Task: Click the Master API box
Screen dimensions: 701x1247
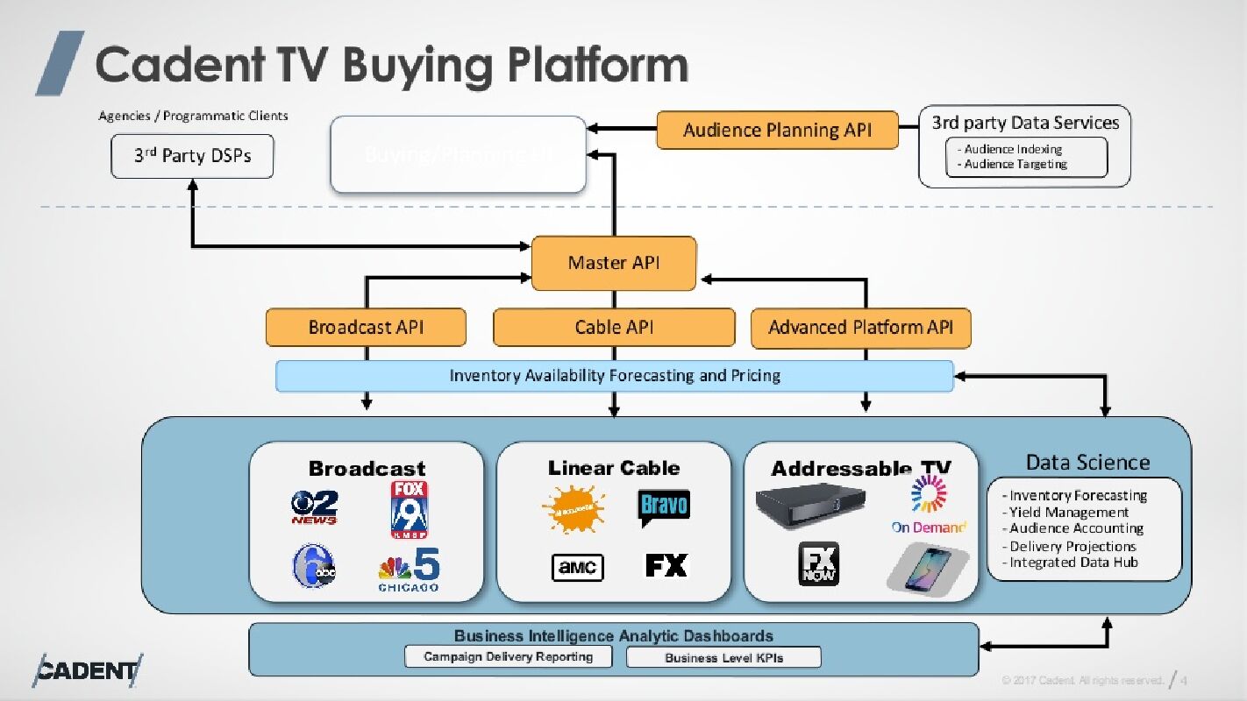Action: (614, 263)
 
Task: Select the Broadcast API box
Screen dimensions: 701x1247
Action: (366, 328)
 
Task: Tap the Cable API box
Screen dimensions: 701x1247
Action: (614, 328)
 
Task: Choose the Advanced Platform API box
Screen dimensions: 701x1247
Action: (860, 328)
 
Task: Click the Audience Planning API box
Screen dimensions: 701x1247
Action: (777, 131)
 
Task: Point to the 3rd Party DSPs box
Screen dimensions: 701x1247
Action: (192, 156)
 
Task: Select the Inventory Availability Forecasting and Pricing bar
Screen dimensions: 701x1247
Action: (614, 376)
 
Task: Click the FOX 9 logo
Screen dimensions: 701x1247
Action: (409, 509)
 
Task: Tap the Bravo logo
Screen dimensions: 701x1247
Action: (664, 506)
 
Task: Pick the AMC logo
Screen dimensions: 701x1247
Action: (577, 567)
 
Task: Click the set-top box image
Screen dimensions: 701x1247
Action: (811, 505)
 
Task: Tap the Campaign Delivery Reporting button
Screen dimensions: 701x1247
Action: (508, 656)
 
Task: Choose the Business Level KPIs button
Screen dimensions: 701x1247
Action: (723, 657)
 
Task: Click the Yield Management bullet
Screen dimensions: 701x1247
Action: (1068, 512)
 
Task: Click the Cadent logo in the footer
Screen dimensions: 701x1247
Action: (87, 671)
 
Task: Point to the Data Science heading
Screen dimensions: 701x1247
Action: (1087, 463)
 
